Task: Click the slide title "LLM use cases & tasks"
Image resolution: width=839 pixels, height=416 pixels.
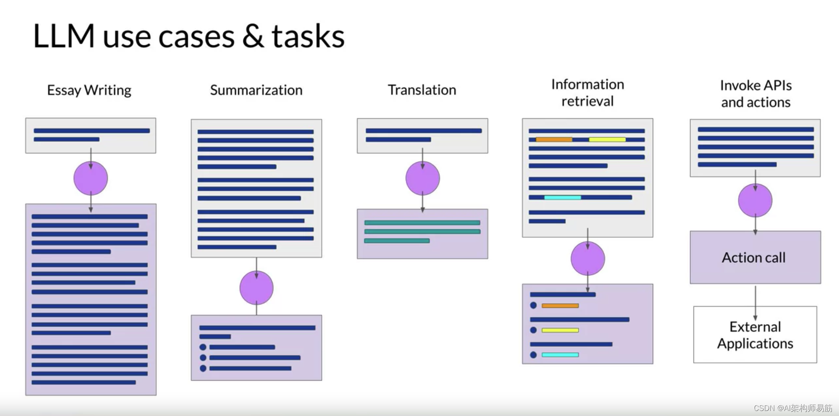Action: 189,36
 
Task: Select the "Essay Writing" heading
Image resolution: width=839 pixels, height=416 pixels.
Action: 89,90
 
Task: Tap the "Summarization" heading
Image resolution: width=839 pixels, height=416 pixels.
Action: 256,90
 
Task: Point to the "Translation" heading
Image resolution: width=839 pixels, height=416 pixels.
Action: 422,90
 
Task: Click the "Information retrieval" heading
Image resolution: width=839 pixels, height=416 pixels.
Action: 587,93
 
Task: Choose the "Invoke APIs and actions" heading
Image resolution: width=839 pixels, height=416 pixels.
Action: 756,94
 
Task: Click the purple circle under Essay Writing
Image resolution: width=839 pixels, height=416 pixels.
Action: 91,178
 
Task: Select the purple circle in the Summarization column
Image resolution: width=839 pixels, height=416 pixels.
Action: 256,288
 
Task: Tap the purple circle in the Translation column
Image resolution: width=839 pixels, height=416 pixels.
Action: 422,178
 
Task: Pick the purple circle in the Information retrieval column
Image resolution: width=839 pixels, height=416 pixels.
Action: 587,258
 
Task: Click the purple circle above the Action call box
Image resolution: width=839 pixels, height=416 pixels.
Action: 755,200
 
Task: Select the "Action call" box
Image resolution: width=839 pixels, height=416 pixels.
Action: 755,257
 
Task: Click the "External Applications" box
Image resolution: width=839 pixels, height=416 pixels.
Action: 755,335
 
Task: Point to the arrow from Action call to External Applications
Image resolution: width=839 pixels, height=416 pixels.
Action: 756,302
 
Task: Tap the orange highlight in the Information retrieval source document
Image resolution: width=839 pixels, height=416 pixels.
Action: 554,140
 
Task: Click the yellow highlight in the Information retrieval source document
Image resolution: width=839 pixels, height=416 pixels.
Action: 607,140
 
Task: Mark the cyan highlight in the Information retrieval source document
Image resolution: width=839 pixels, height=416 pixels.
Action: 563,197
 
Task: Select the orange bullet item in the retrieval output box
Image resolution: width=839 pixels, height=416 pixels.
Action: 560,306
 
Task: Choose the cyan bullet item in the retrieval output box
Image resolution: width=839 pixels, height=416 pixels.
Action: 560,355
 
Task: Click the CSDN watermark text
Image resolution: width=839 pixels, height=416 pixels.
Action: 793,408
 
